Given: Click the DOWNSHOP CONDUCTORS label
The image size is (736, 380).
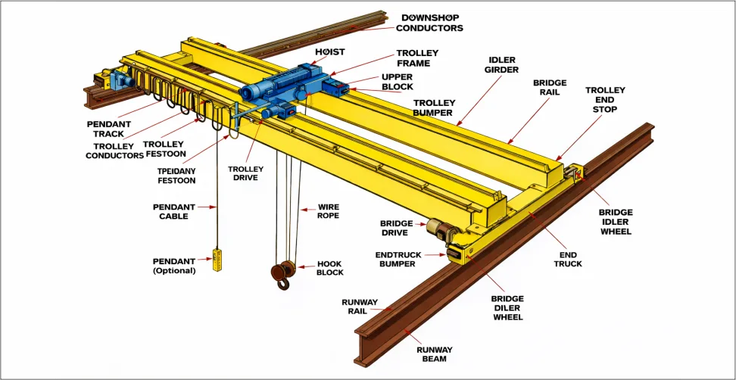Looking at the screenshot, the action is coord(429,23).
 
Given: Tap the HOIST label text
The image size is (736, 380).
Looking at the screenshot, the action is coord(329,52).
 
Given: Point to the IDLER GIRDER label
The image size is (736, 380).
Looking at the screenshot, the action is coord(502,65).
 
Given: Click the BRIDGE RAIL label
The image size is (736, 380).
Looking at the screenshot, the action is coord(549,87).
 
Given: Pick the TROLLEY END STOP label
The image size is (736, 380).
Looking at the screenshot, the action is coord(605,99).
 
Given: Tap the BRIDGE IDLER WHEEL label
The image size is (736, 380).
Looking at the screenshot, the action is coord(616,222).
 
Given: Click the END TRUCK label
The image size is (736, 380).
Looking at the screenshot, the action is coord(567,259).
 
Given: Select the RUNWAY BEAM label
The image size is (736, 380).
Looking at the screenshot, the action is coord(434,354).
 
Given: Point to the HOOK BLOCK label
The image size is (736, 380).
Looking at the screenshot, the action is coord(330,268).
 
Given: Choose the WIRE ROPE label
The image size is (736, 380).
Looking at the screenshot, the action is coord(328,211).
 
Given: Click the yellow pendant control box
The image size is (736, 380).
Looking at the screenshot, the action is coord(217,260).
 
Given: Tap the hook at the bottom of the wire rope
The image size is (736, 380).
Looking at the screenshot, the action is coord(283,283).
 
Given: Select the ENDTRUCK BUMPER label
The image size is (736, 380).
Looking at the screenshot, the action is coord(398,260).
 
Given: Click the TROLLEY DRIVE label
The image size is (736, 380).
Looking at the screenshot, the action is coord(245,173).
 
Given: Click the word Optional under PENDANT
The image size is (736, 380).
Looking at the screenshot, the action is coord(174,271).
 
